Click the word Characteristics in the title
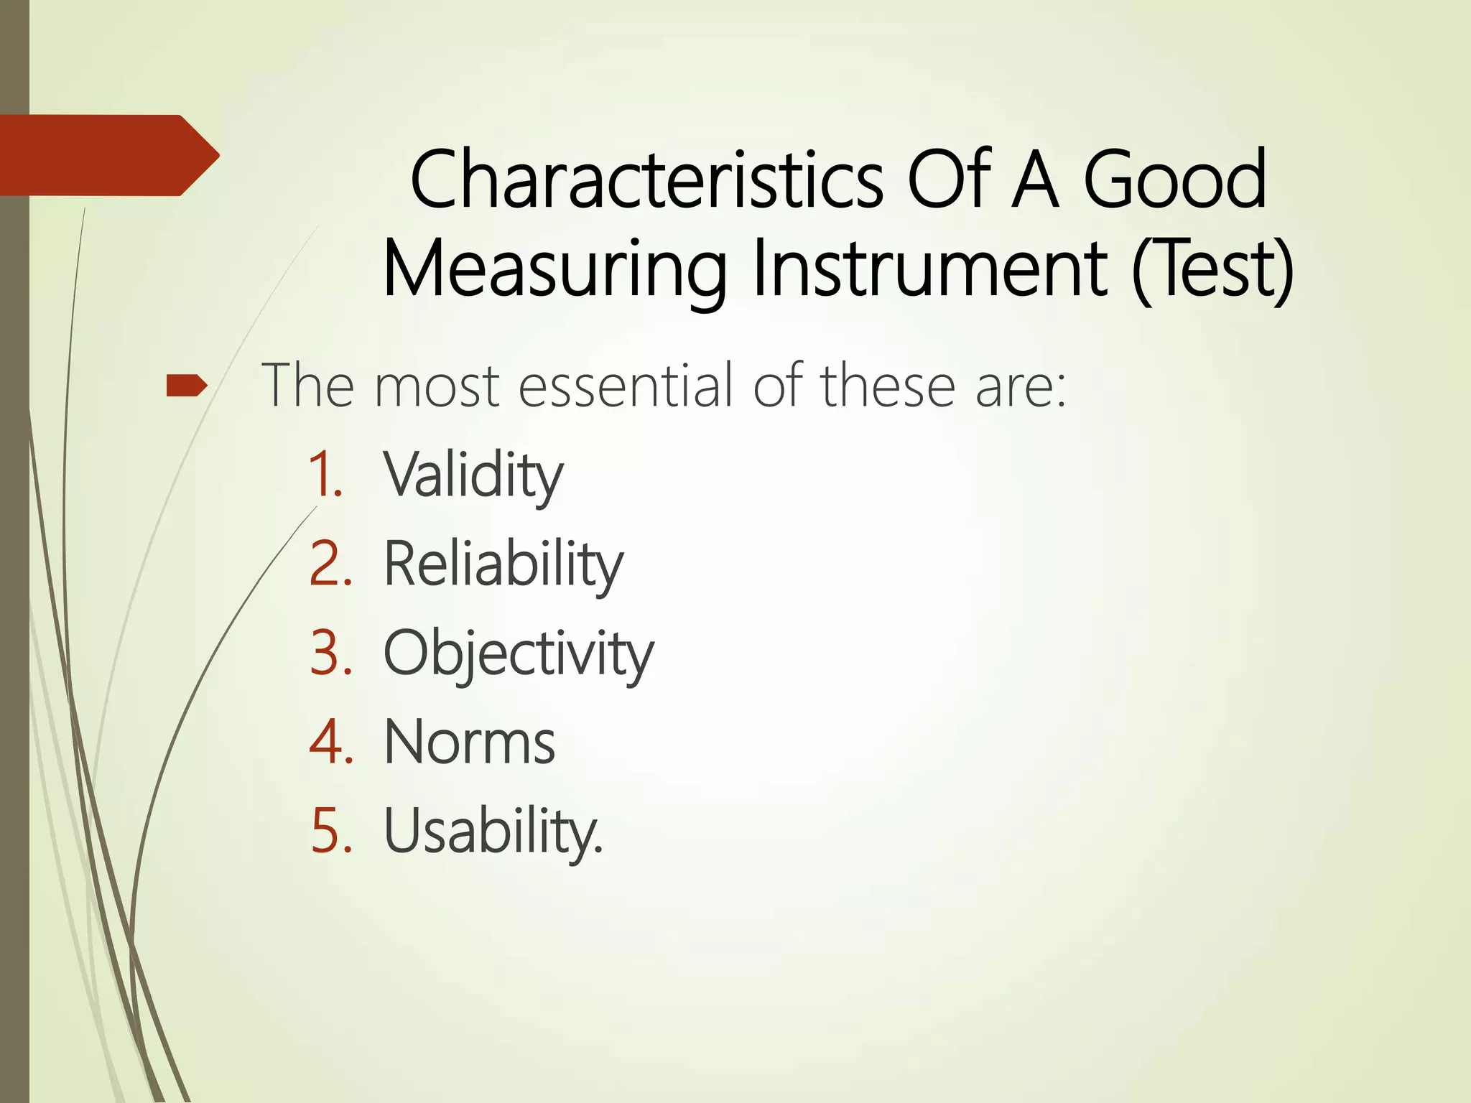[x=646, y=180]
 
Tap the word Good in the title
[x=1174, y=180]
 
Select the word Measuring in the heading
[x=554, y=270]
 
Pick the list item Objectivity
[x=518, y=654]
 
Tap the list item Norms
[x=469, y=743]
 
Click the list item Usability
[x=493, y=832]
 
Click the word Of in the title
[x=950, y=180]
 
